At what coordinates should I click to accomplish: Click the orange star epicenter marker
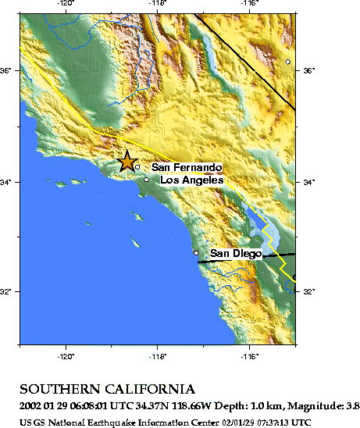(x=127, y=161)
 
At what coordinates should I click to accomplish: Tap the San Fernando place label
(x=187, y=167)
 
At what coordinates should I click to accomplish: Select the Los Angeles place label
(x=192, y=180)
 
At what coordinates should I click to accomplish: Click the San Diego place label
(x=235, y=254)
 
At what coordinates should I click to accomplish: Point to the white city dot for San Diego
(x=196, y=253)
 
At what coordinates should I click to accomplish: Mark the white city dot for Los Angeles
(x=146, y=180)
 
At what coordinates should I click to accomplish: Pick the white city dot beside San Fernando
(x=137, y=166)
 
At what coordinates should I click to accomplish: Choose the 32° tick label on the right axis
(x=309, y=292)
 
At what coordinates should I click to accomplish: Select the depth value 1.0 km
(x=248, y=405)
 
